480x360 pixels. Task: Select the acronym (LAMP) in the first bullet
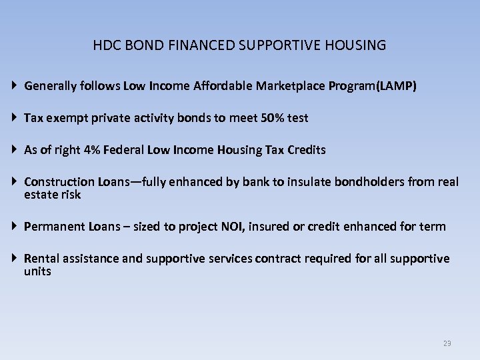(x=397, y=86)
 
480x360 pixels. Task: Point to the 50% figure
(x=272, y=118)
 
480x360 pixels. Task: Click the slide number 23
(x=447, y=343)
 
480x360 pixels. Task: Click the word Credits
(x=305, y=150)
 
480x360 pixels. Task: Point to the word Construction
(x=59, y=181)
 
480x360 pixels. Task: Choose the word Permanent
(x=54, y=227)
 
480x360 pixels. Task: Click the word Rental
(x=41, y=259)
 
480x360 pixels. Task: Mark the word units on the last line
(x=37, y=271)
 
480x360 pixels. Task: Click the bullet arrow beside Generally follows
(x=15, y=86)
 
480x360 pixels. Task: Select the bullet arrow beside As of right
(x=15, y=150)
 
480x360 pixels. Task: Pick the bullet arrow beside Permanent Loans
(x=15, y=227)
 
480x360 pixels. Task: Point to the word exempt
(x=68, y=118)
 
